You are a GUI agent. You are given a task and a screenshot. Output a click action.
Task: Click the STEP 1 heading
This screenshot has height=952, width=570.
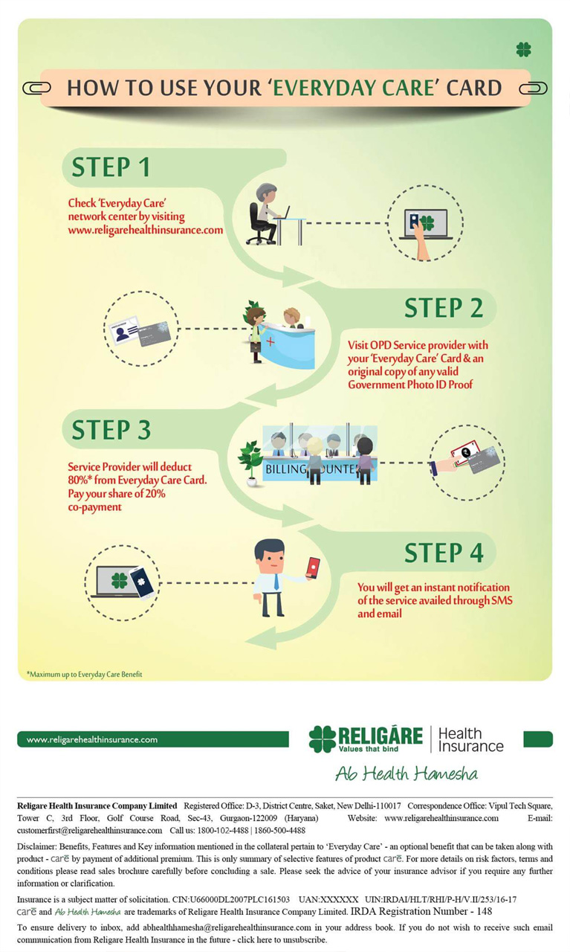pos(111,167)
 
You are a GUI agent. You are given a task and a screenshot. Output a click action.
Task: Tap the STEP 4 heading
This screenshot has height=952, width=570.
pos(444,553)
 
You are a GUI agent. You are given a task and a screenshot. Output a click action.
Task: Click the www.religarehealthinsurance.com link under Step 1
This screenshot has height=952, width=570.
pos(146,231)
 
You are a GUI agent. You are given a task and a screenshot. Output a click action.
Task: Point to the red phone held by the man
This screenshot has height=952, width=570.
pos(313,567)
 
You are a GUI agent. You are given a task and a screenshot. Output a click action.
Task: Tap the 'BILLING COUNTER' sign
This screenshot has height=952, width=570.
pos(320,469)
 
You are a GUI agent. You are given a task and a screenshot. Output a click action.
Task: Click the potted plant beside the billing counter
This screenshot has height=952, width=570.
pos(250,461)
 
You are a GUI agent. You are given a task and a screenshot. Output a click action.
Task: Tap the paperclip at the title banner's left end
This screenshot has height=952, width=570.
pos(36,89)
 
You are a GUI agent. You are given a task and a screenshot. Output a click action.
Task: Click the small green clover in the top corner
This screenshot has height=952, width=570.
pos(524,50)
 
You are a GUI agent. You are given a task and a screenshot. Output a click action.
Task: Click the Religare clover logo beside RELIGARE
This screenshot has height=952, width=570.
pos(323,739)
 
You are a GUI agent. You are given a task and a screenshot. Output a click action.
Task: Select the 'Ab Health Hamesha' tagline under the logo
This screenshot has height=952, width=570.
pos(406,773)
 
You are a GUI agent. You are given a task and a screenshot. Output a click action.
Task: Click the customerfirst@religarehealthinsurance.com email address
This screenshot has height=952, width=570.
pos(89,830)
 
